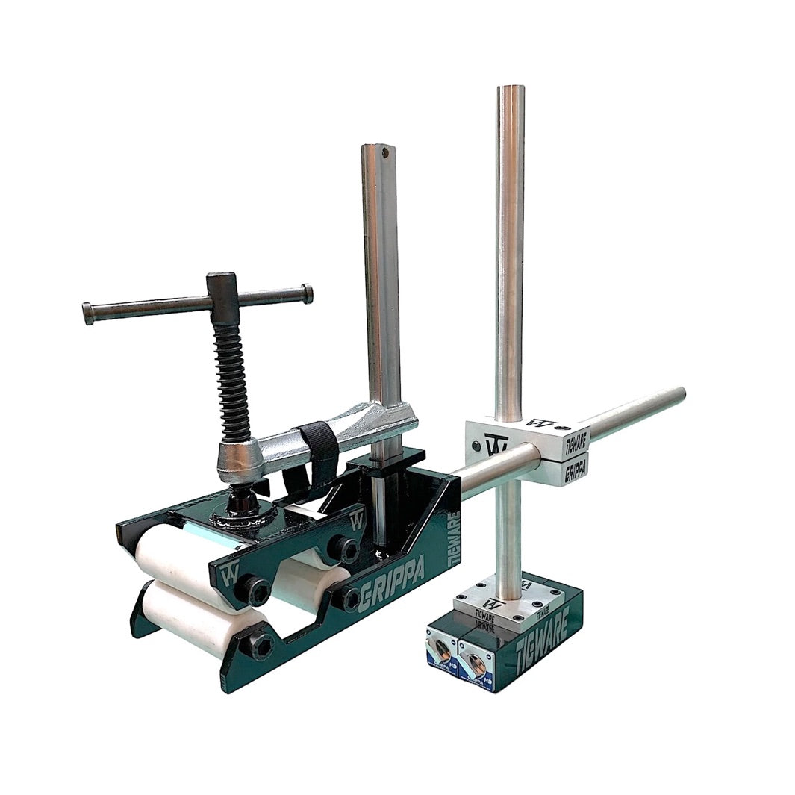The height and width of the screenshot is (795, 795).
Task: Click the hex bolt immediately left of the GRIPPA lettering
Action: [348, 598]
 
